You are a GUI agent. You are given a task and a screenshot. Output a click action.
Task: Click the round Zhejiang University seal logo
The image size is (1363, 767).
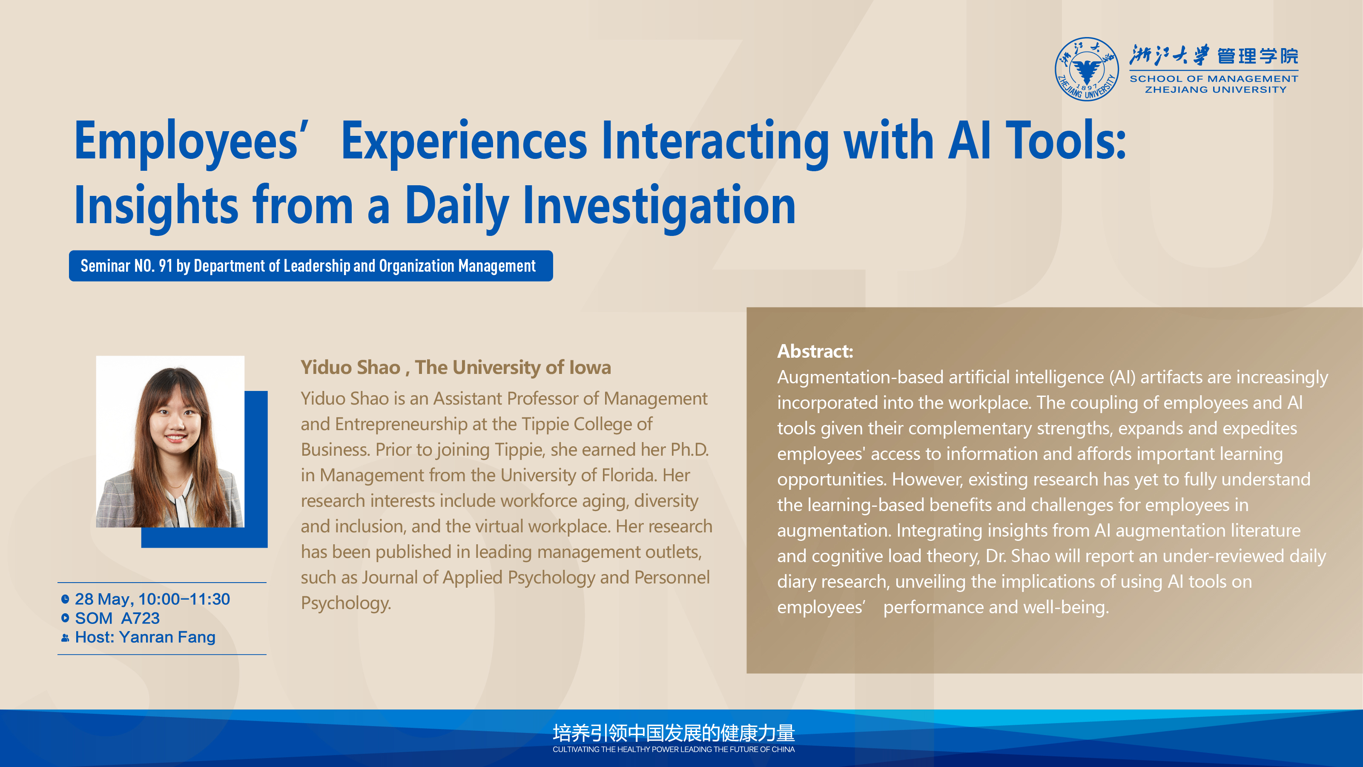1086,69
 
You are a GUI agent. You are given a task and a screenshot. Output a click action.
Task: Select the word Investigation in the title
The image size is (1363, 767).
659,206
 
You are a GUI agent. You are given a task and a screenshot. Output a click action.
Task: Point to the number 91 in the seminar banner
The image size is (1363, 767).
166,266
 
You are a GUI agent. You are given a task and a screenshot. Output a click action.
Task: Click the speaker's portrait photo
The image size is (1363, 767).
170,442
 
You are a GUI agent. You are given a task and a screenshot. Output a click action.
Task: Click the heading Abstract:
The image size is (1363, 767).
815,351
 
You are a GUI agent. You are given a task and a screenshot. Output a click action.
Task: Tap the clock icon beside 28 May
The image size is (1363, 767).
65,599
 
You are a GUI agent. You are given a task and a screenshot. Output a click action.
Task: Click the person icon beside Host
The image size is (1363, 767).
65,638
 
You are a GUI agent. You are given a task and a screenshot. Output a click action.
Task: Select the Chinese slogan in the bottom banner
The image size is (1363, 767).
674,733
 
